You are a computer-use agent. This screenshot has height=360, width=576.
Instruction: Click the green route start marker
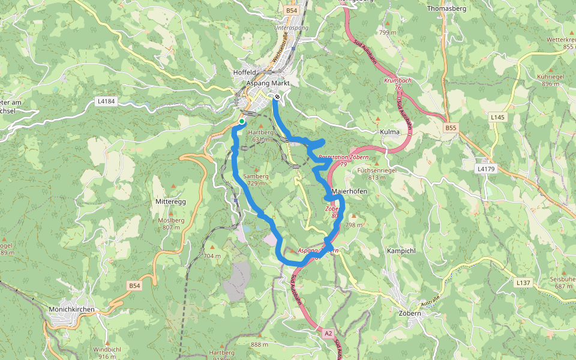click(x=241, y=122)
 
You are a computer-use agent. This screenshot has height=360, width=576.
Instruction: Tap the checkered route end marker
click(x=277, y=97)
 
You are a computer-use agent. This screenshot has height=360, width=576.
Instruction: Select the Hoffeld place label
click(x=244, y=73)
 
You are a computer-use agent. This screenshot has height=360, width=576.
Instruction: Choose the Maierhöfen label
click(x=349, y=191)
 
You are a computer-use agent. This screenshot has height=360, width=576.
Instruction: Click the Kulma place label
click(x=390, y=131)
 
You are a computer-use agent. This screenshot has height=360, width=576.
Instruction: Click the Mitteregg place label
click(x=171, y=202)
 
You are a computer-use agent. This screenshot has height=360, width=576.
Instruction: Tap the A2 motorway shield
click(x=328, y=332)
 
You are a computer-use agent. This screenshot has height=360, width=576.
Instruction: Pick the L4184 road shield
click(x=106, y=101)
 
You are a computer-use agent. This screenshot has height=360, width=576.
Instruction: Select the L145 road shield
click(x=497, y=118)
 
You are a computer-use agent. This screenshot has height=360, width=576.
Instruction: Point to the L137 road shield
click(x=523, y=282)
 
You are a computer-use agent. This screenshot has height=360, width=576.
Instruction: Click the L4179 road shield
click(x=486, y=169)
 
